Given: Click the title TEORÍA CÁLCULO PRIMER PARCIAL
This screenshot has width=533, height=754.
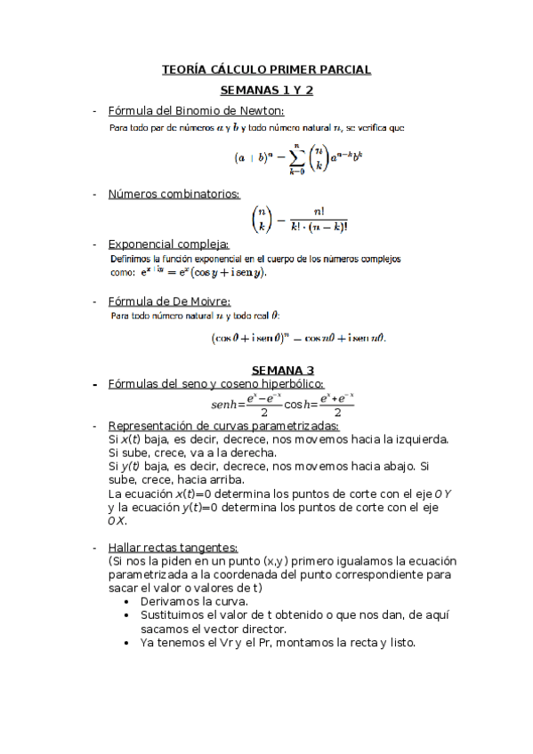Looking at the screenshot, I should (x=266, y=69).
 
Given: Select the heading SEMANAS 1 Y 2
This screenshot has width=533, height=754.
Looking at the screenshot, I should (x=266, y=90).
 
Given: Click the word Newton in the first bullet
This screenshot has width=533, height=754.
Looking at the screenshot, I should (x=259, y=110).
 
